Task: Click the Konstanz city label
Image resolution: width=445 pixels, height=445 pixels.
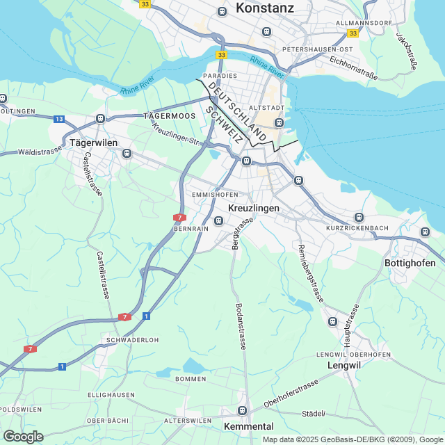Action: click(x=265, y=8)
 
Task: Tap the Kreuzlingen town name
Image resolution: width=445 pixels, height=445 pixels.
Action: click(x=254, y=208)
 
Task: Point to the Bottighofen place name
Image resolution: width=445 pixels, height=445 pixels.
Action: click(x=410, y=263)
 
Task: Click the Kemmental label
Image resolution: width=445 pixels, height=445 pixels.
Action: click(x=249, y=426)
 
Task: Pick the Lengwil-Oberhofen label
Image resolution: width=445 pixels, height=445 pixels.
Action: click(x=353, y=355)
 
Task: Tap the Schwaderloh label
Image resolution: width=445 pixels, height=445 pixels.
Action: click(x=133, y=340)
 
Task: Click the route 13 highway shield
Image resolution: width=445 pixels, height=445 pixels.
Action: click(x=59, y=120)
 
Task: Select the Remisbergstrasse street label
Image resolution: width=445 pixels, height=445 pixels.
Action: click(x=310, y=273)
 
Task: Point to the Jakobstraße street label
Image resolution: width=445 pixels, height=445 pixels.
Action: click(x=407, y=51)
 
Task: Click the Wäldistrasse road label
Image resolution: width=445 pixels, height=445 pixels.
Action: click(x=42, y=151)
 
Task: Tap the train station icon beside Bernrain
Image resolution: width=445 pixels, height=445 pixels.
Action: click(x=219, y=221)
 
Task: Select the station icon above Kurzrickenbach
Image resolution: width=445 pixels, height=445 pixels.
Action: click(x=359, y=217)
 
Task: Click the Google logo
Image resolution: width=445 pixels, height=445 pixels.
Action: click(x=23, y=437)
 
